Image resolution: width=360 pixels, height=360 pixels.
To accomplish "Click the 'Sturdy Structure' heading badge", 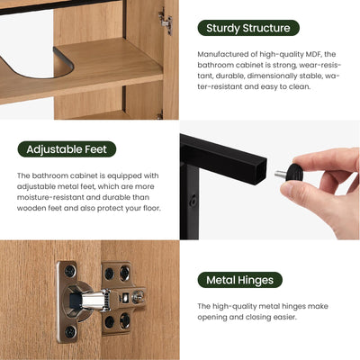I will [247, 28].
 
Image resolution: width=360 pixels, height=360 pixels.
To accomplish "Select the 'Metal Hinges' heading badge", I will [239, 280].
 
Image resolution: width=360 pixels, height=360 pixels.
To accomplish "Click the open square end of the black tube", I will [260, 163].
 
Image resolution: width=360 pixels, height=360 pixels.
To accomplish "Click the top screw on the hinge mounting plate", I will [68, 269].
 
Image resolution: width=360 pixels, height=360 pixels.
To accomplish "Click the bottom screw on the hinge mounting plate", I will [68, 332].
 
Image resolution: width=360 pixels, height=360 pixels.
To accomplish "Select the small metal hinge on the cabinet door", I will [164, 20].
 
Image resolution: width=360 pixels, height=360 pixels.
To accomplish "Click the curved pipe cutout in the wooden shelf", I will [36, 63].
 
